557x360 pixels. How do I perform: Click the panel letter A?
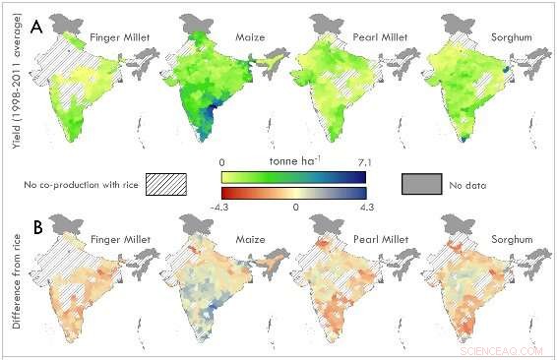coord(36,29)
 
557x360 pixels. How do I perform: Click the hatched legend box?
coord(165,184)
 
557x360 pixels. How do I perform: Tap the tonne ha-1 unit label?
coord(293,160)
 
